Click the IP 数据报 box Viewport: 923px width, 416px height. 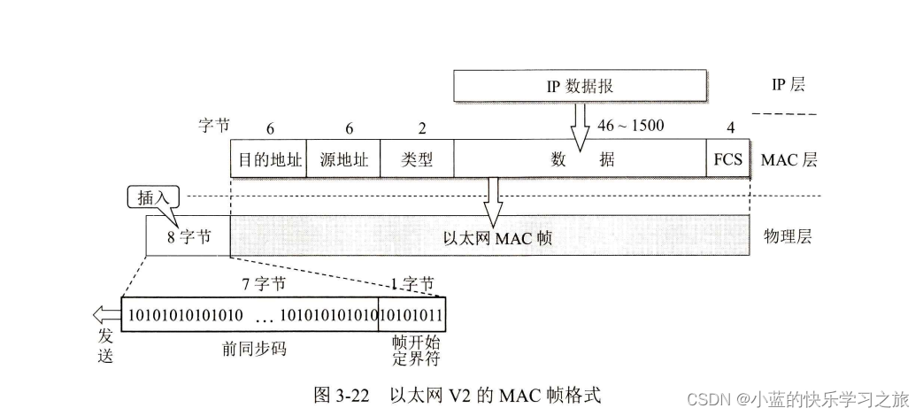click(x=580, y=86)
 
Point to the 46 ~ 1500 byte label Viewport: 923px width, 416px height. click(x=631, y=125)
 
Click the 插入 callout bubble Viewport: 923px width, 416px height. click(x=149, y=196)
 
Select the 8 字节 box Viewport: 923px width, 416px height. click(x=188, y=236)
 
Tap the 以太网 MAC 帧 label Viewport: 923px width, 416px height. click(x=489, y=237)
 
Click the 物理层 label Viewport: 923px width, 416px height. click(x=787, y=236)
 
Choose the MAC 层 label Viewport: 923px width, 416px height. click(x=788, y=161)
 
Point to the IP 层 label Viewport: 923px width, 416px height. click(x=788, y=85)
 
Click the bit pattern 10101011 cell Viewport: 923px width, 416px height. click(x=411, y=315)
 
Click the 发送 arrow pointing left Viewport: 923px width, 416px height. click(x=105, y=315)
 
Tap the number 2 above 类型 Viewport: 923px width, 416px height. click(x=421, y=128)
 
